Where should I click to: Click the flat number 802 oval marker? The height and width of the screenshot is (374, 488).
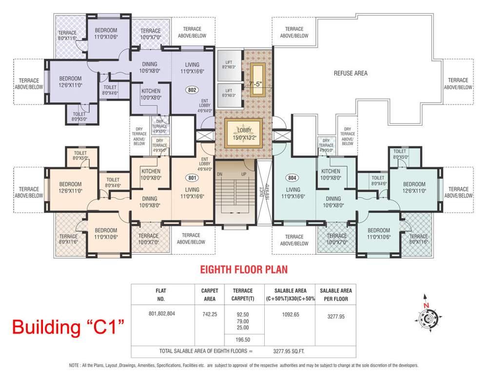(192, 90)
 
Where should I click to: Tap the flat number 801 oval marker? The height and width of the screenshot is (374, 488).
(192, 178)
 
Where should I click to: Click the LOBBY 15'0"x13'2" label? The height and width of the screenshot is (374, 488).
(243, 134)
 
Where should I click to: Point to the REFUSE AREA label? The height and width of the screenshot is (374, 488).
(350, 74)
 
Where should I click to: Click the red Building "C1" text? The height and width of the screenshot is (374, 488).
(67, 326)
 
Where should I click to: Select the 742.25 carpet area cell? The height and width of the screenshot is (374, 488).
(210, 315)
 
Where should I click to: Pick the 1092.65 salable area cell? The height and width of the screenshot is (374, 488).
(283, 315)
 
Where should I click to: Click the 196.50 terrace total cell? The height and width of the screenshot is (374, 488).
(242, 340)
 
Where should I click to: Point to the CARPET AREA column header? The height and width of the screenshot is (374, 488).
(210, 294)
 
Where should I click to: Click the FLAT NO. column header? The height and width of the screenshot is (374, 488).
(162, 294)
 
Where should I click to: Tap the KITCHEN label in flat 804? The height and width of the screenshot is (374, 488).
(331, 174)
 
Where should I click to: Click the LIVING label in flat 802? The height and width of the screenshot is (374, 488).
(192, 68)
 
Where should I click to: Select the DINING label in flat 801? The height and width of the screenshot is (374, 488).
(150, 202)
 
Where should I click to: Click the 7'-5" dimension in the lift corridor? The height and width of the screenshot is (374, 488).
(255, 83)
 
